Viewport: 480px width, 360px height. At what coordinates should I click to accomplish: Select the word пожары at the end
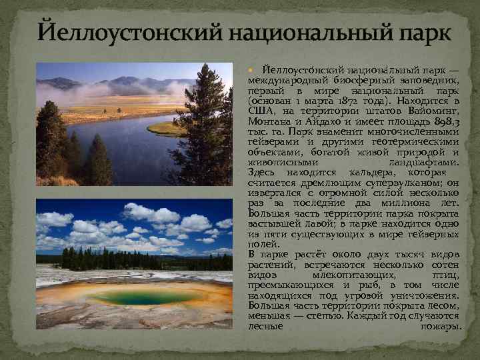coord(441,326)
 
